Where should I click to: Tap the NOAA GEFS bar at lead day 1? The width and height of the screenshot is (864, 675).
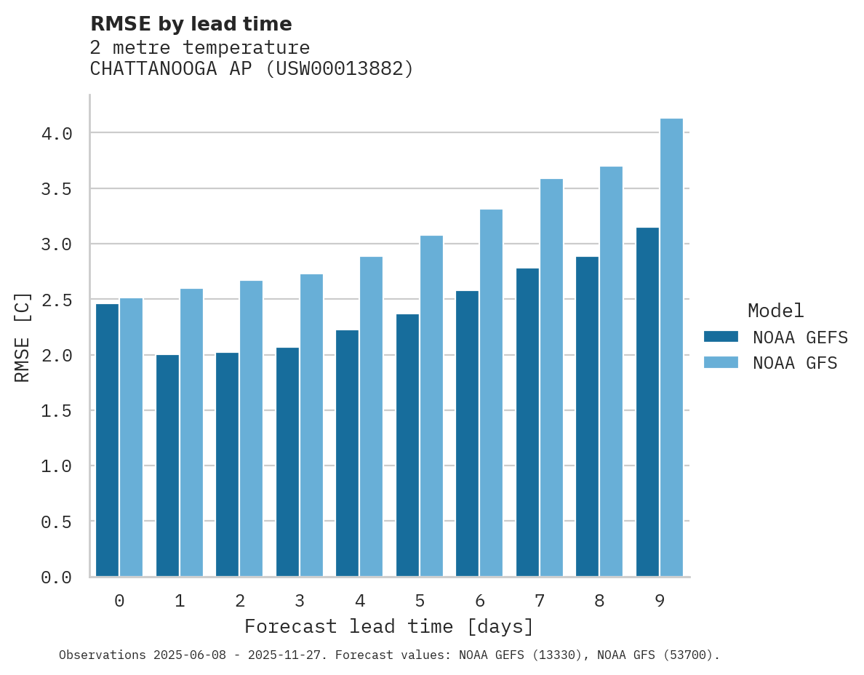coord(167,466)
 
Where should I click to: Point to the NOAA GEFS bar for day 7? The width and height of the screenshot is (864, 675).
coord(527,422)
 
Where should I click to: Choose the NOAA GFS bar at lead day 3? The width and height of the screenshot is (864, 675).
coord(311,425)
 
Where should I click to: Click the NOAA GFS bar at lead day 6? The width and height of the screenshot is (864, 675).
coord(491,393)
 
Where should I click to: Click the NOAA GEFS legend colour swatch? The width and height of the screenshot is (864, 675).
coord(721,337)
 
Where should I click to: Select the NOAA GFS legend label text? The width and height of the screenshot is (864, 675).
coord(795,363)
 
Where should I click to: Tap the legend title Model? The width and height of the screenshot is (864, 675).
coord(775,311)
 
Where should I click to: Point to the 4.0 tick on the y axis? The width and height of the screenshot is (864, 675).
coord(57,134)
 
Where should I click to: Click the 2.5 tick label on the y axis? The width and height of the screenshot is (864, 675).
coord(57,300)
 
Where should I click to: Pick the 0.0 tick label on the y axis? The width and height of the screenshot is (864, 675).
coord(57,578)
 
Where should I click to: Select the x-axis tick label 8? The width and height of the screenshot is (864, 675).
coord(599,601)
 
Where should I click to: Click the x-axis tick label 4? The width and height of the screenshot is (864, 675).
coord(359,601)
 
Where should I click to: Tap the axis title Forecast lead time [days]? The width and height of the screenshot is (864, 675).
coord(389,626)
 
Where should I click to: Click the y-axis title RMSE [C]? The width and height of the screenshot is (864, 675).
coord(23,337)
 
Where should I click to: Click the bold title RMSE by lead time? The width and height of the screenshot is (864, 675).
coord(191,24)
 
